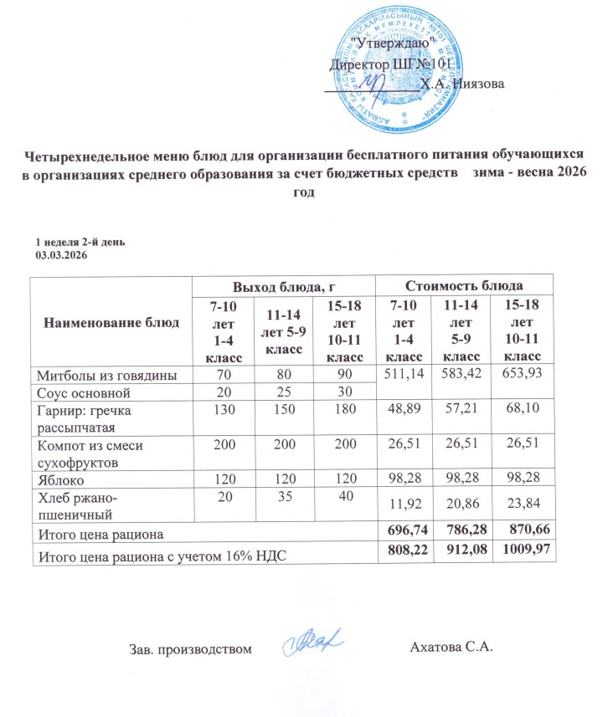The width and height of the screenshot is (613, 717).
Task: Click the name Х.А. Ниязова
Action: click(462, 83)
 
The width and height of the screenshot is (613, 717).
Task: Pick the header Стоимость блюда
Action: click(465, 286)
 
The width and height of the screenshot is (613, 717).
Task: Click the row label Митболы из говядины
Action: click(105, 376)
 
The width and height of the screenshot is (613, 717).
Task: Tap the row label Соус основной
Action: click(81, 391)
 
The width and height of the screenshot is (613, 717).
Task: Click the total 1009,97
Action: click(526, 552)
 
